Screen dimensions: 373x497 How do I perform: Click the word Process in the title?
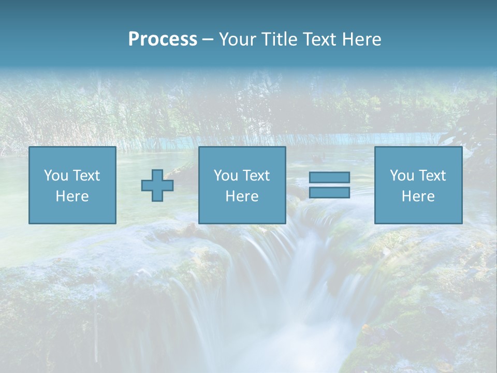point(163,39)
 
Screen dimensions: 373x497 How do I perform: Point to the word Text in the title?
point(321,39)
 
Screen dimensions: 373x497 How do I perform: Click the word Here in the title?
point(362,39)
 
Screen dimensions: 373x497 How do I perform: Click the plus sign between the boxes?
point(157,185)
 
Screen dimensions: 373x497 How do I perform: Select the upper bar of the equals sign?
point(329,177)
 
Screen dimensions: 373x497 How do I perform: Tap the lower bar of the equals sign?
point(329,192)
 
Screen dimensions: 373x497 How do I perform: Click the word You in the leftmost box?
point(55,176)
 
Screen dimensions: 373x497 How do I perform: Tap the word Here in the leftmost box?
point(72,196)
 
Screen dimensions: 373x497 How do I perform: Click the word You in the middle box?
point(225,176)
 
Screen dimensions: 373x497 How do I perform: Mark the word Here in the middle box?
point(242,196)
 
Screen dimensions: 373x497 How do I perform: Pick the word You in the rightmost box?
point(401,176)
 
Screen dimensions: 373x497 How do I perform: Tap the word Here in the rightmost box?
point(418,196)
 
